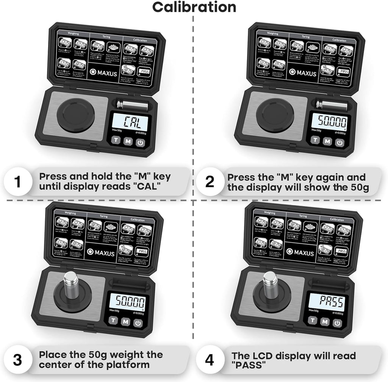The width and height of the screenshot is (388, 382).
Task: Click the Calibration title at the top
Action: [x=194, y=7]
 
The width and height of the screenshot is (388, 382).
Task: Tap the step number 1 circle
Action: [x=17, y=182]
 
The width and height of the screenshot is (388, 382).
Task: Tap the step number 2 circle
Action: [x=210, y=182]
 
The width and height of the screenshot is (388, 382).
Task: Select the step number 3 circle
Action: [x=17, y=360]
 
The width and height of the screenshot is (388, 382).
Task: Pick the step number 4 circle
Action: [x=210, y=360]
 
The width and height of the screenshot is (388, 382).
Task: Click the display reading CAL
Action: [x=130, y=122]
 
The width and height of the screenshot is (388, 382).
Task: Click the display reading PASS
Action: [x=326, y=302]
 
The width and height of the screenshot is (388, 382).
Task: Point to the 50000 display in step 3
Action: [x=130, y=302]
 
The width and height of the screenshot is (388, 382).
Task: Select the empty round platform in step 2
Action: [x=275, y=116]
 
